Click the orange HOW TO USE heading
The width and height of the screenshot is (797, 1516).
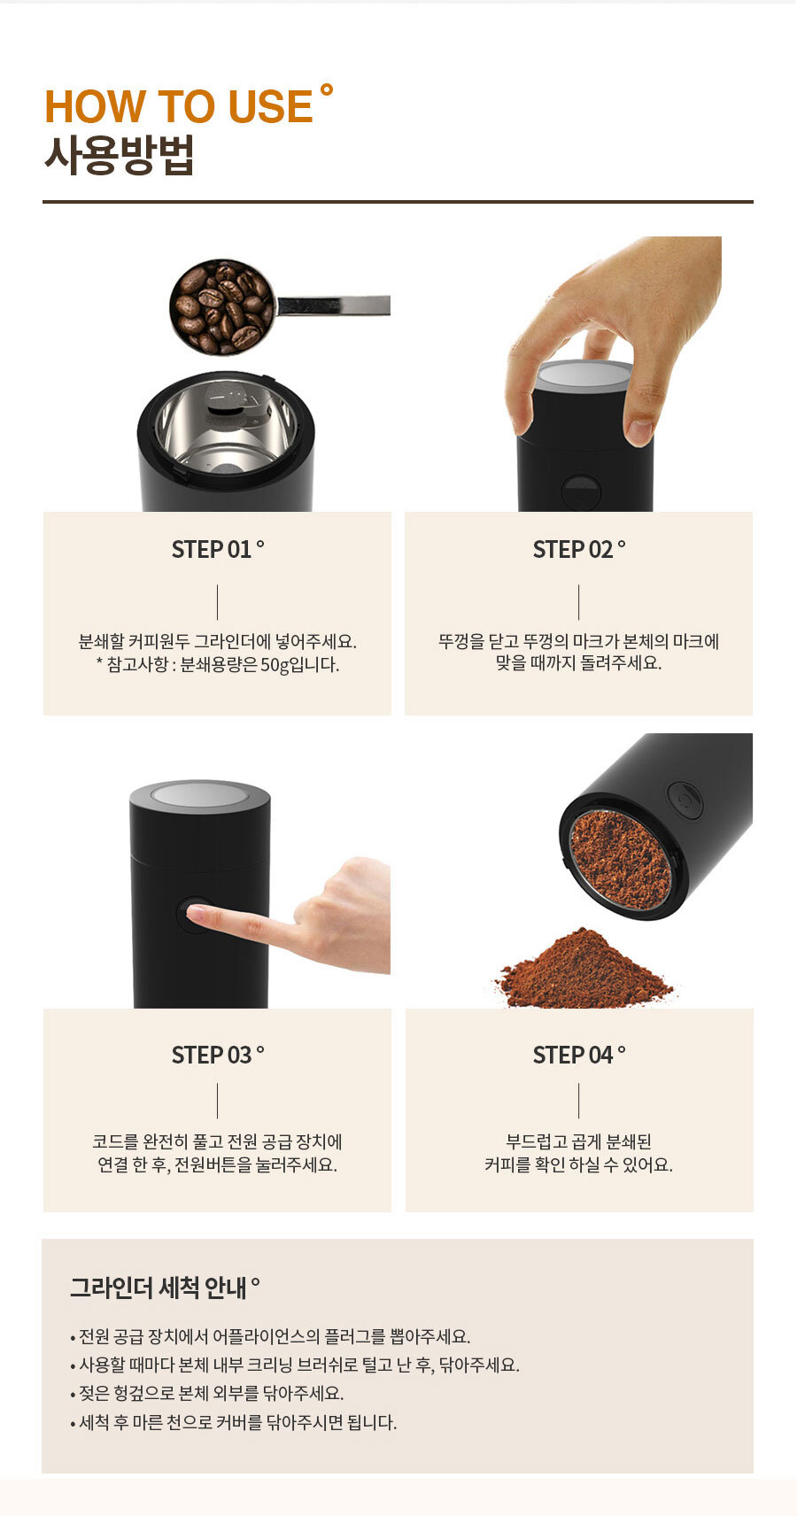pos(179,106)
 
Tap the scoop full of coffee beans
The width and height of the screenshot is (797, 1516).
pos(221,306)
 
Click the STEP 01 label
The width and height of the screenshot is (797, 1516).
pos(213,550)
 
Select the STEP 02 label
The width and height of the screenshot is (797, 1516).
pos(574,550)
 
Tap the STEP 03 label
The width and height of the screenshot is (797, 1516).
pos(213,1056)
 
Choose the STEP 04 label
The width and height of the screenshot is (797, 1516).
pos(574,1056)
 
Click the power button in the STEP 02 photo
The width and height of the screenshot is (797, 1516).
pos(582,491)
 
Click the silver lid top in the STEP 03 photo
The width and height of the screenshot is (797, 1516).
pos(200,794)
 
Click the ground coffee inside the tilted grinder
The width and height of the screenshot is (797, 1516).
pos(620,859)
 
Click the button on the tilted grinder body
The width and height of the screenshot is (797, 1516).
pos(684,800)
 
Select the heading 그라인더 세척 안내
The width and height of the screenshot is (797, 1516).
pos(159,1288)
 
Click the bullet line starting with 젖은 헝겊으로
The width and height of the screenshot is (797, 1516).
pos(211,1394)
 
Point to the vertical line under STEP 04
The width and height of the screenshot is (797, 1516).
pos(578,1101)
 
